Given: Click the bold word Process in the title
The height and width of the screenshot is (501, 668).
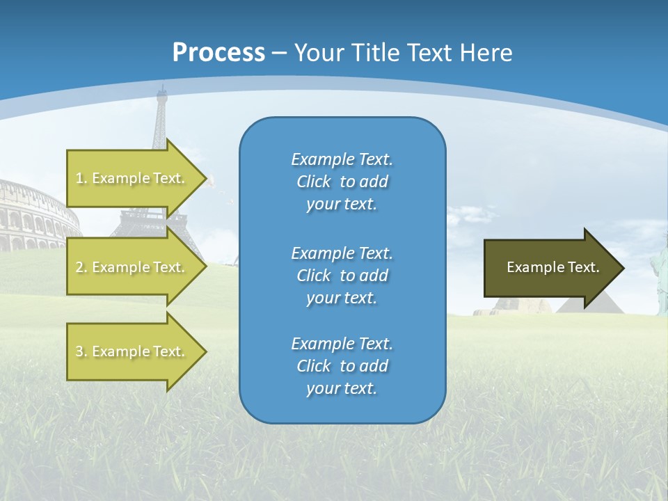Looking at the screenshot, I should pyautogui.click(x=218, y=52).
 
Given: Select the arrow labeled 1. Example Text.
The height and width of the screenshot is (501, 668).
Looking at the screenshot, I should pyautogui.click(x=132, y=178).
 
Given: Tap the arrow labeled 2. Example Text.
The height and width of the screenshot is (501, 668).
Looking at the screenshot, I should pyautogui.click(x=132, y=267).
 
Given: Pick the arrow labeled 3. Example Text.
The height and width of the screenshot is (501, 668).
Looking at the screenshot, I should pyautogui.click(x=132, y=351).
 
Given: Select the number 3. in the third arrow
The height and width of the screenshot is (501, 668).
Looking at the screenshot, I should pyautogui.click(x=81, y=351).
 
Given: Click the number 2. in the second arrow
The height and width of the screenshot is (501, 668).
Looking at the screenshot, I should pyautogui.click(x=81, y=267).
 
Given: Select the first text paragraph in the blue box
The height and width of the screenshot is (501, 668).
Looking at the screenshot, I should pyautogui.click(x=342, y=182).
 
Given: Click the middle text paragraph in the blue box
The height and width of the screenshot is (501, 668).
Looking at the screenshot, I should pyautogui.click(x=342, y=276).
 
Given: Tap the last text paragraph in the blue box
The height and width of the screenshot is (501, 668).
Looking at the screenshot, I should pyautogui.click(x=342, y=366).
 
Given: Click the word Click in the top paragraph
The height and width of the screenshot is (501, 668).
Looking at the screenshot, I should pyautogui.click(x=313, y=182).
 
